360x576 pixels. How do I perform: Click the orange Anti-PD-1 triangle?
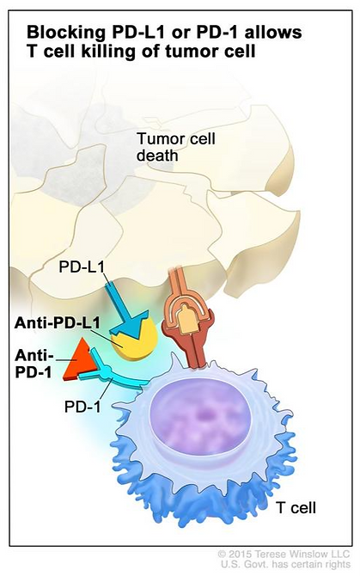(x=78, y=360)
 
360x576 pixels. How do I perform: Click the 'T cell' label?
(x=296, y=508)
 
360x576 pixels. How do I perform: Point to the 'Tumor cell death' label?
(x=176, y=147)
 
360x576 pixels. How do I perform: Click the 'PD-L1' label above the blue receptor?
(x=82, y=267)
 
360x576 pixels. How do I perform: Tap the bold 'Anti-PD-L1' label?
(x=57, y=323)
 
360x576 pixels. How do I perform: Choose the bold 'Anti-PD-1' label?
(x=34, y=364)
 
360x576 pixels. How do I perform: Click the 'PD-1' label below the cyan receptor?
(x=82, y=407)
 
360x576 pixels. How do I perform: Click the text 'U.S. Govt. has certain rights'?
(x=285, y=564)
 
